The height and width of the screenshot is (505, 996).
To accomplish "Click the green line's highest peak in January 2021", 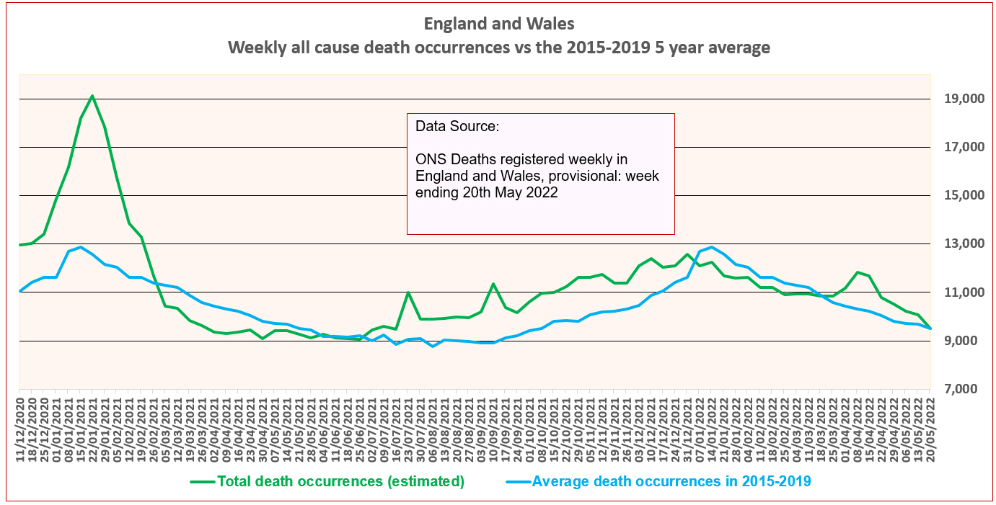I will coord(92,96).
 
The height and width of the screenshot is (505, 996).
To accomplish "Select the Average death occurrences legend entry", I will coord(671,481).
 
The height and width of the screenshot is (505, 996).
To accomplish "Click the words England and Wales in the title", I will coord(499,24).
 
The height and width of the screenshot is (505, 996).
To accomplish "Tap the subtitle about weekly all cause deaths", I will coord(499,48).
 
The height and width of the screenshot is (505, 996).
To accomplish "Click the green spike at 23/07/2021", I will coord(408,292).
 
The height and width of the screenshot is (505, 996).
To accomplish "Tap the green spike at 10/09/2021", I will coord(493,284).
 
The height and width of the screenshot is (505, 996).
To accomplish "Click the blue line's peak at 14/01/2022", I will coord(712,247).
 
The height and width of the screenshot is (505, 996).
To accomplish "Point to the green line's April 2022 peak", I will coord(857,272).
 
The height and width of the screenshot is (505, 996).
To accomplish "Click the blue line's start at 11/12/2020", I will coord(20,291).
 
